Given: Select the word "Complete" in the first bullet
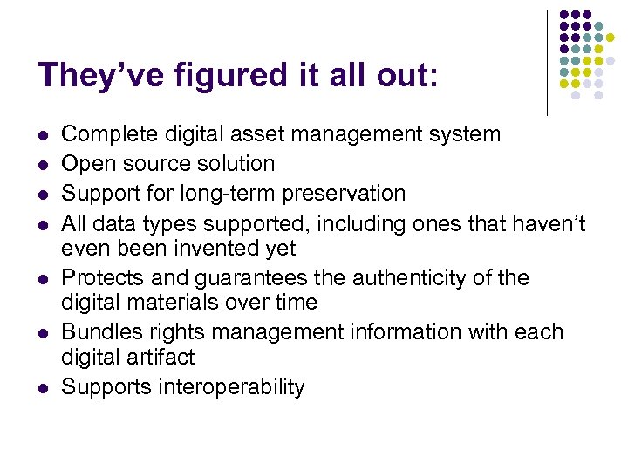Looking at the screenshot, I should click(x=103, y=134).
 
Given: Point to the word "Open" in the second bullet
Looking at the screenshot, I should click(x=83, y=163).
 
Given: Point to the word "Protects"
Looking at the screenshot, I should click(x=99, y=277).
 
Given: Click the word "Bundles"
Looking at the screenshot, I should click(x=99, y=332).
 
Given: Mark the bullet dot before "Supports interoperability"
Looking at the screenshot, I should click(x=43, y=388).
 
